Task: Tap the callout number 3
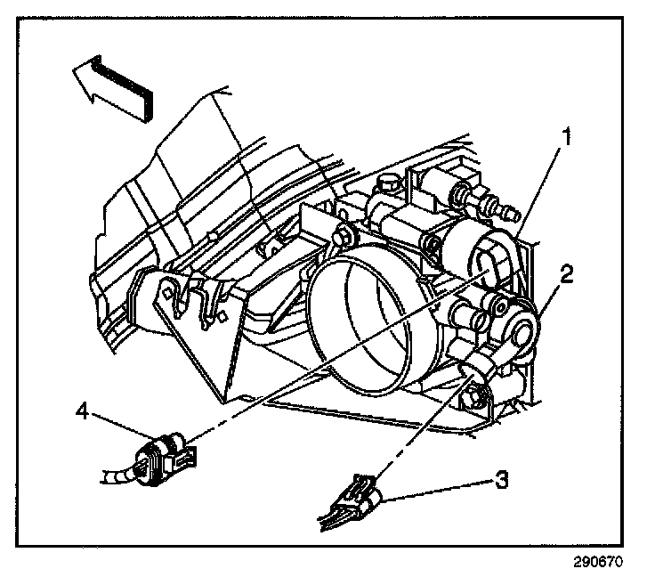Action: [502, 481]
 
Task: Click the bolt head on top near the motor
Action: [385, 185]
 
